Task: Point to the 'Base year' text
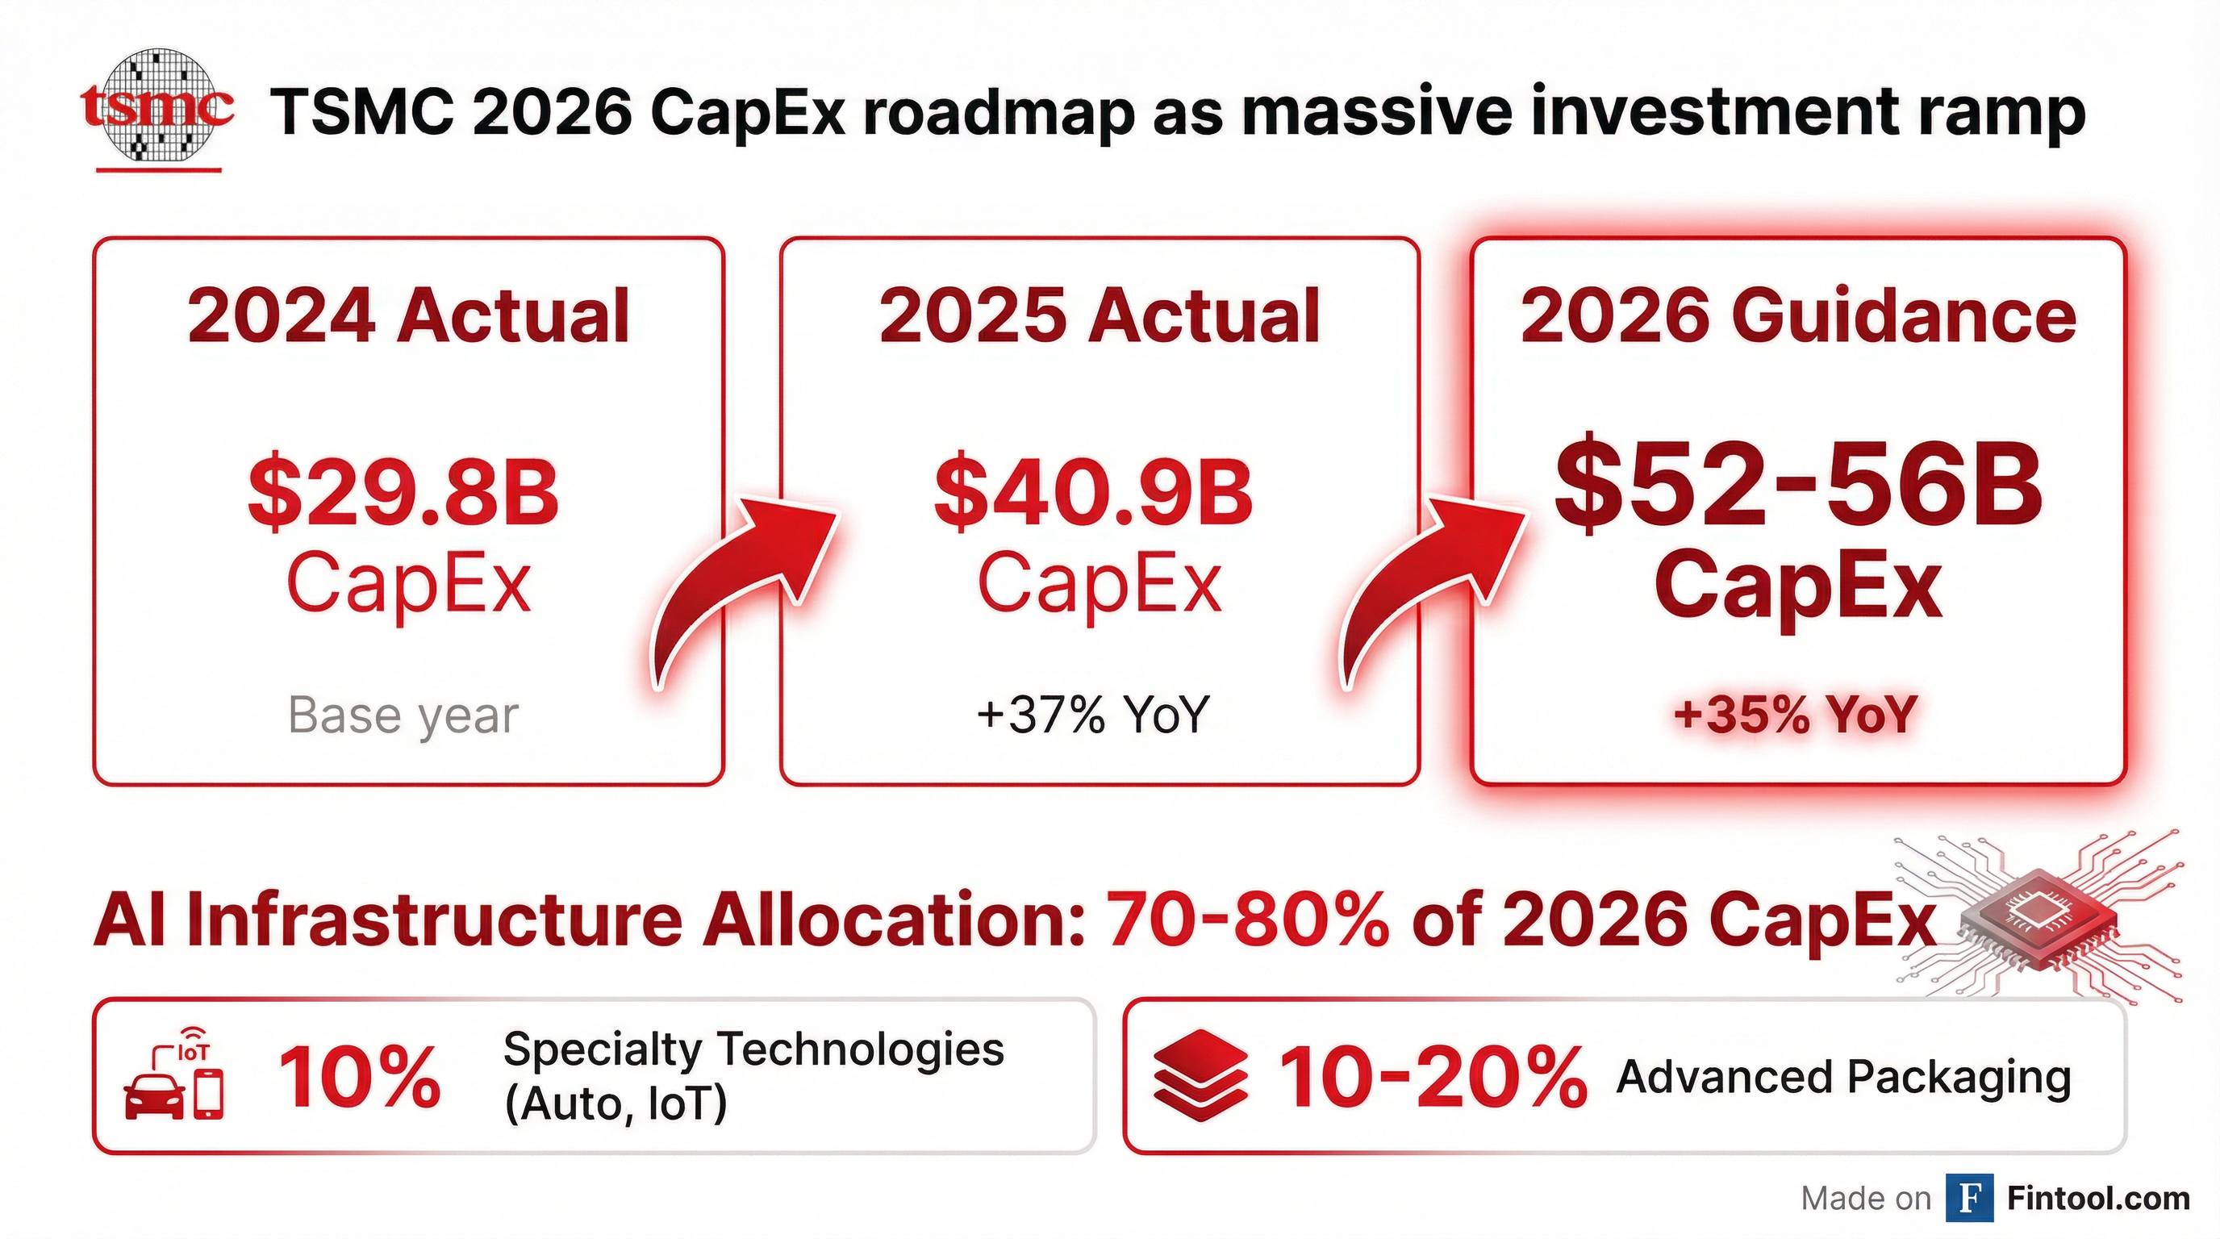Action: (403, 715)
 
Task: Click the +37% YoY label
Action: (1093, 715)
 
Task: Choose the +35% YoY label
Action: (1796, 715)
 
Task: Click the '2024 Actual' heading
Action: (408, 316)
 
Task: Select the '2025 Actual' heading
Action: (1099, 316)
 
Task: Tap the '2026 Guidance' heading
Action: (1798, 316)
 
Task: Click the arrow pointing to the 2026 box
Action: (1426, 586)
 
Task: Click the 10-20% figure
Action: (1431, 1077)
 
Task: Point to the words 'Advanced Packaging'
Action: (1843, 1077)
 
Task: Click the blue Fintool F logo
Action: (1969, 1199)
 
